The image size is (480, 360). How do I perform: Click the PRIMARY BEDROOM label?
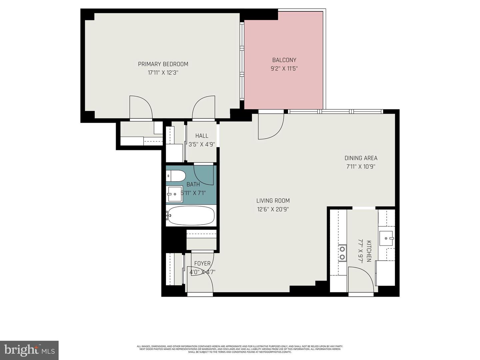163,64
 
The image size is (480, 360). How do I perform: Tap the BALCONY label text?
284,60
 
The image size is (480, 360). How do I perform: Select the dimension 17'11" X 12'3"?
163,73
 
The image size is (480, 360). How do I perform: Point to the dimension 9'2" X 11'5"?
284,69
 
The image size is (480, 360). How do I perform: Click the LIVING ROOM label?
273,201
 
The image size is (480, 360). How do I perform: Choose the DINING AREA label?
361,158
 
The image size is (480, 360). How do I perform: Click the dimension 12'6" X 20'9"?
273,209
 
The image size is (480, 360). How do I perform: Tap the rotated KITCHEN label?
369,251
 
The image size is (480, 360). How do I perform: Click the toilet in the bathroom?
176,176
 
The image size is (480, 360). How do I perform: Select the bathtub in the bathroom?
191,216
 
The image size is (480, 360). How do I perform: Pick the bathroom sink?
174,194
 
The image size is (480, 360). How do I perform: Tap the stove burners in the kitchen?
342,252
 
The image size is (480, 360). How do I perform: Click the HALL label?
202,136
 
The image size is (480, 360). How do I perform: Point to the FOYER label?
202,263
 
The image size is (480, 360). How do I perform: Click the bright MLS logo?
29,350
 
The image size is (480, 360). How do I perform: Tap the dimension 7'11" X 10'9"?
361,167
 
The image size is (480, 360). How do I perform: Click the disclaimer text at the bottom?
240,349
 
